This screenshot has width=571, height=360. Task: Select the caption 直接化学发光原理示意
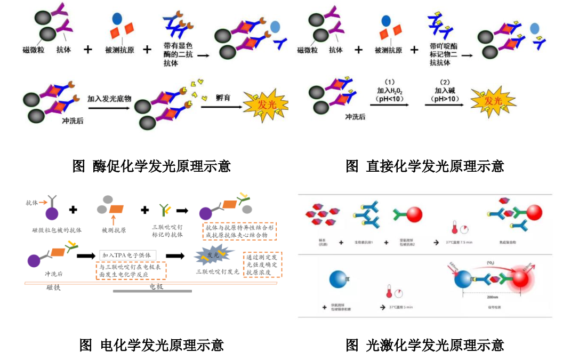pyautogui.click(x=424, y=166)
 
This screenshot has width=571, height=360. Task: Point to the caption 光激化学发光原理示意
pyautogui.click(x=424, y=345)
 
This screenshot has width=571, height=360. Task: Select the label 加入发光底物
pyautogui.click(x=109, y=99)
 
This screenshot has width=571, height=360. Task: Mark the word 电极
pyautogui.click(x=154, y=287)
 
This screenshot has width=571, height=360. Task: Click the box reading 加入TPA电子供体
pyautogui.click(x=128, y=255)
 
